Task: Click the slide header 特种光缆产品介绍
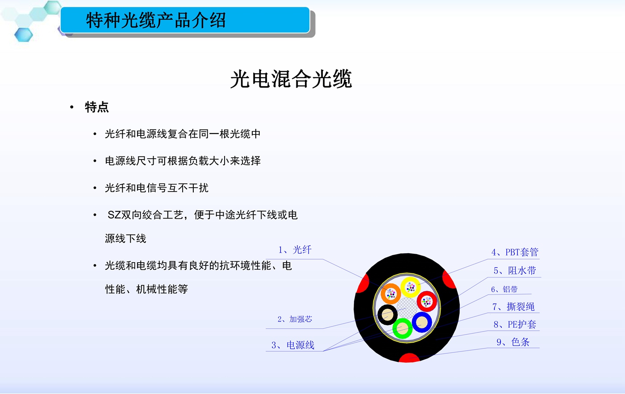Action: [156, 20]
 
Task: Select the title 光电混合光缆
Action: [291, 79]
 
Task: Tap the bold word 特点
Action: [97, 107]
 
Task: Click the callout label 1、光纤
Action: [295, 250]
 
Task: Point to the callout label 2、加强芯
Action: [295, 319]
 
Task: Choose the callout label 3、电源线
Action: [293, 345]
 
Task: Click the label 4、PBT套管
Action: [515, 252]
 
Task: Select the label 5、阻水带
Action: [515, 270]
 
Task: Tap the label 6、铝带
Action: [504, 289]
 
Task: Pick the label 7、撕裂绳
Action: [513, 306]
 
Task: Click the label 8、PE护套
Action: [515, 324]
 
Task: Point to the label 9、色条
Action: [513, 342]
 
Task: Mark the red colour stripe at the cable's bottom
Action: [409, 358]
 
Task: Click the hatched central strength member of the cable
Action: [407, 308]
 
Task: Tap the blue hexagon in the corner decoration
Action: [23, 35]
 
